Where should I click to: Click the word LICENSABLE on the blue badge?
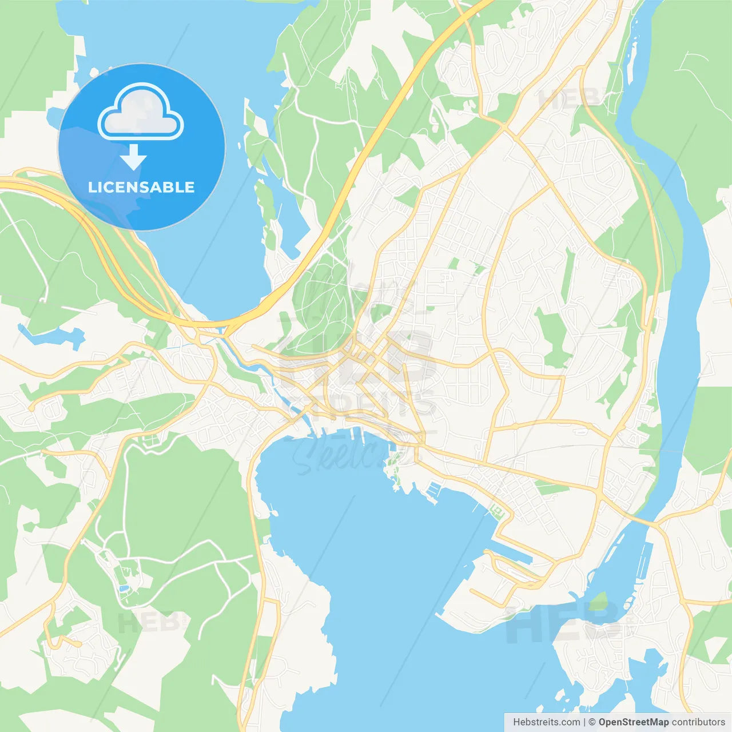(x=141, y=187)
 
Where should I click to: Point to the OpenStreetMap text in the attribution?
(x=634, y=722)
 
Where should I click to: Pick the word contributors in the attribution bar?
(x=698, y=722)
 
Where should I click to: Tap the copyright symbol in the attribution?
(x=592, y=722)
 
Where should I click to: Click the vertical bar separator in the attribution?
(x=584, y=722)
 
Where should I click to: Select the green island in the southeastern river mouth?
(x=599, y=600)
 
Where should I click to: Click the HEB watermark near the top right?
(x=569, y=98)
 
